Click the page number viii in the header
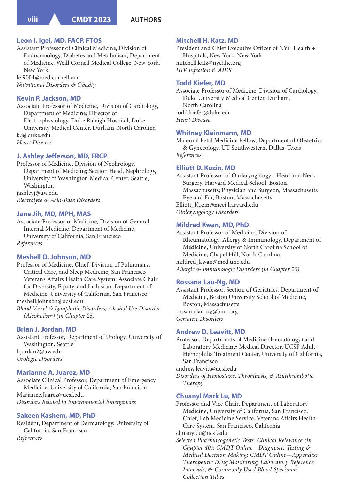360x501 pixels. click(x=32, y=20)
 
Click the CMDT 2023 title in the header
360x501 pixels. click(x=91, y=20)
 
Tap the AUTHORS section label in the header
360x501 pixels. click(x=146, y=20)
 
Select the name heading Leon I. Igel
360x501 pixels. click(x=59, y=41)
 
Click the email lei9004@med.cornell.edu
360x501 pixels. click(x=48, y=78)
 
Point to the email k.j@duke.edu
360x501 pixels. click(x=33, y=135)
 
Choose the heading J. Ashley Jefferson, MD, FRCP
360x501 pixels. click(x=62, y=156)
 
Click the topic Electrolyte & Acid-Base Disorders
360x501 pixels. click(x=58, y=200)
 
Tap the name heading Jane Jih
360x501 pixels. click(x=54, y=214)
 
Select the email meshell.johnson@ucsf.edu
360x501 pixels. click(x=50, y=301)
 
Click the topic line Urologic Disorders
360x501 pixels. click(x=39, y=359)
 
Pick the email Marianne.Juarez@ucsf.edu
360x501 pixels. click(x=50, y=395)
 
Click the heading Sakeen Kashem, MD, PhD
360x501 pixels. click(x=56, y=416)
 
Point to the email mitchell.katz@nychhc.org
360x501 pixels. click(x=208, y=63)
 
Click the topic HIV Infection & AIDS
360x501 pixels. click(x=204, y=70)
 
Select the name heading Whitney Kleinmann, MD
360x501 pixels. click(x=213, y=133)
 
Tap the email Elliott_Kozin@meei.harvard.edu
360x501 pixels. click(x=217, y=205)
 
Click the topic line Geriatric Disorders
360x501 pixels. click(x=199, y=319)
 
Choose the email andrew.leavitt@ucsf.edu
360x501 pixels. click(x=206, y=369)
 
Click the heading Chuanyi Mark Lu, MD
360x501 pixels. click(x=209, y=396)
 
